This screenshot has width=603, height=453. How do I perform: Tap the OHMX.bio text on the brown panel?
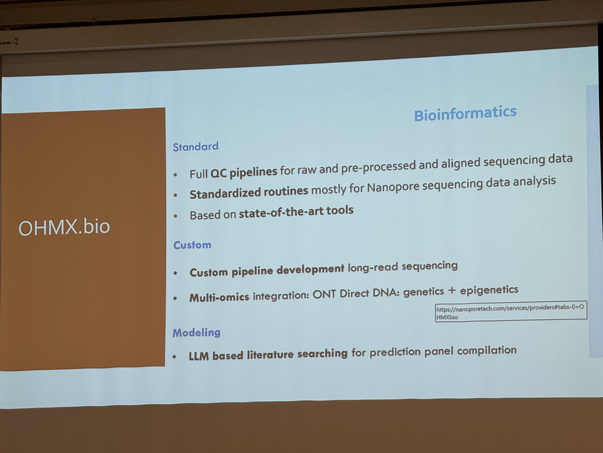point(64,227)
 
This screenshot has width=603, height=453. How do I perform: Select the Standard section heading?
point(196,147)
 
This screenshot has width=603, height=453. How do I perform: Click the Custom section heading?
point(192,245)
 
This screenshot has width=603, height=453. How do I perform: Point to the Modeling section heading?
point(196,333)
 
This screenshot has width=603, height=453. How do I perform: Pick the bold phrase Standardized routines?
point(249,192)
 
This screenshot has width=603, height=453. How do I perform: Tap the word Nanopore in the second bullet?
point(393,187)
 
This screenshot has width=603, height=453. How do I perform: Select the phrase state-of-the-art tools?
point(296,212)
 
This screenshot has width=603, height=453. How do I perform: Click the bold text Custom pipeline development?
point(267,271)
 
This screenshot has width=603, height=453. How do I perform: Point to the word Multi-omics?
point(219,297)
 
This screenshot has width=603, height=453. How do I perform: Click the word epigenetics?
point(489,290)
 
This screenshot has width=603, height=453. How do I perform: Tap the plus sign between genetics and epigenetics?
point(452,291)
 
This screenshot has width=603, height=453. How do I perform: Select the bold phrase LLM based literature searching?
point(268,354)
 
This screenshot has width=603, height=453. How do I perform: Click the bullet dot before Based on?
point(175,216)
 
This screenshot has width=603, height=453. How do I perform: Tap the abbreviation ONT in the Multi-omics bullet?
point(324,294)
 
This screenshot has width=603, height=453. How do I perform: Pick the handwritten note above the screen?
point(9,42)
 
